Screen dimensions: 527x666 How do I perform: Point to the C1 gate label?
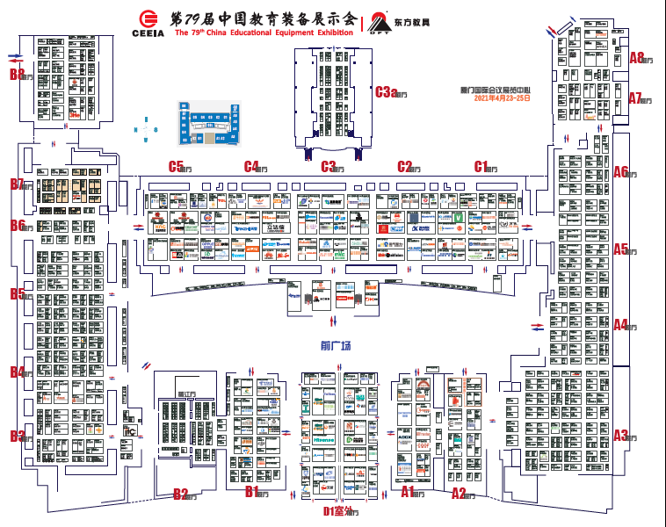click(483, 166)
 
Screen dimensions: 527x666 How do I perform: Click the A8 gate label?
click(641, 59)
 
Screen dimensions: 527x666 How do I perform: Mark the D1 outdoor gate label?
click(337, 509)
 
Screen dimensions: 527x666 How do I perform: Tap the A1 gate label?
click(411, 494)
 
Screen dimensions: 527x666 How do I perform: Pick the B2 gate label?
click(183, 495)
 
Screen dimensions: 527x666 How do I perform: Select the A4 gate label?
click(624, 325)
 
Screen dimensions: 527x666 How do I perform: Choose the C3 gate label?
click(331, 166)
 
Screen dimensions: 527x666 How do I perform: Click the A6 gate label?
click(624, 172)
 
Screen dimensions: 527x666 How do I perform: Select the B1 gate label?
click(255, 494)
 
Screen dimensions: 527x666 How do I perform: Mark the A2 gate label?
click(461, 494)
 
